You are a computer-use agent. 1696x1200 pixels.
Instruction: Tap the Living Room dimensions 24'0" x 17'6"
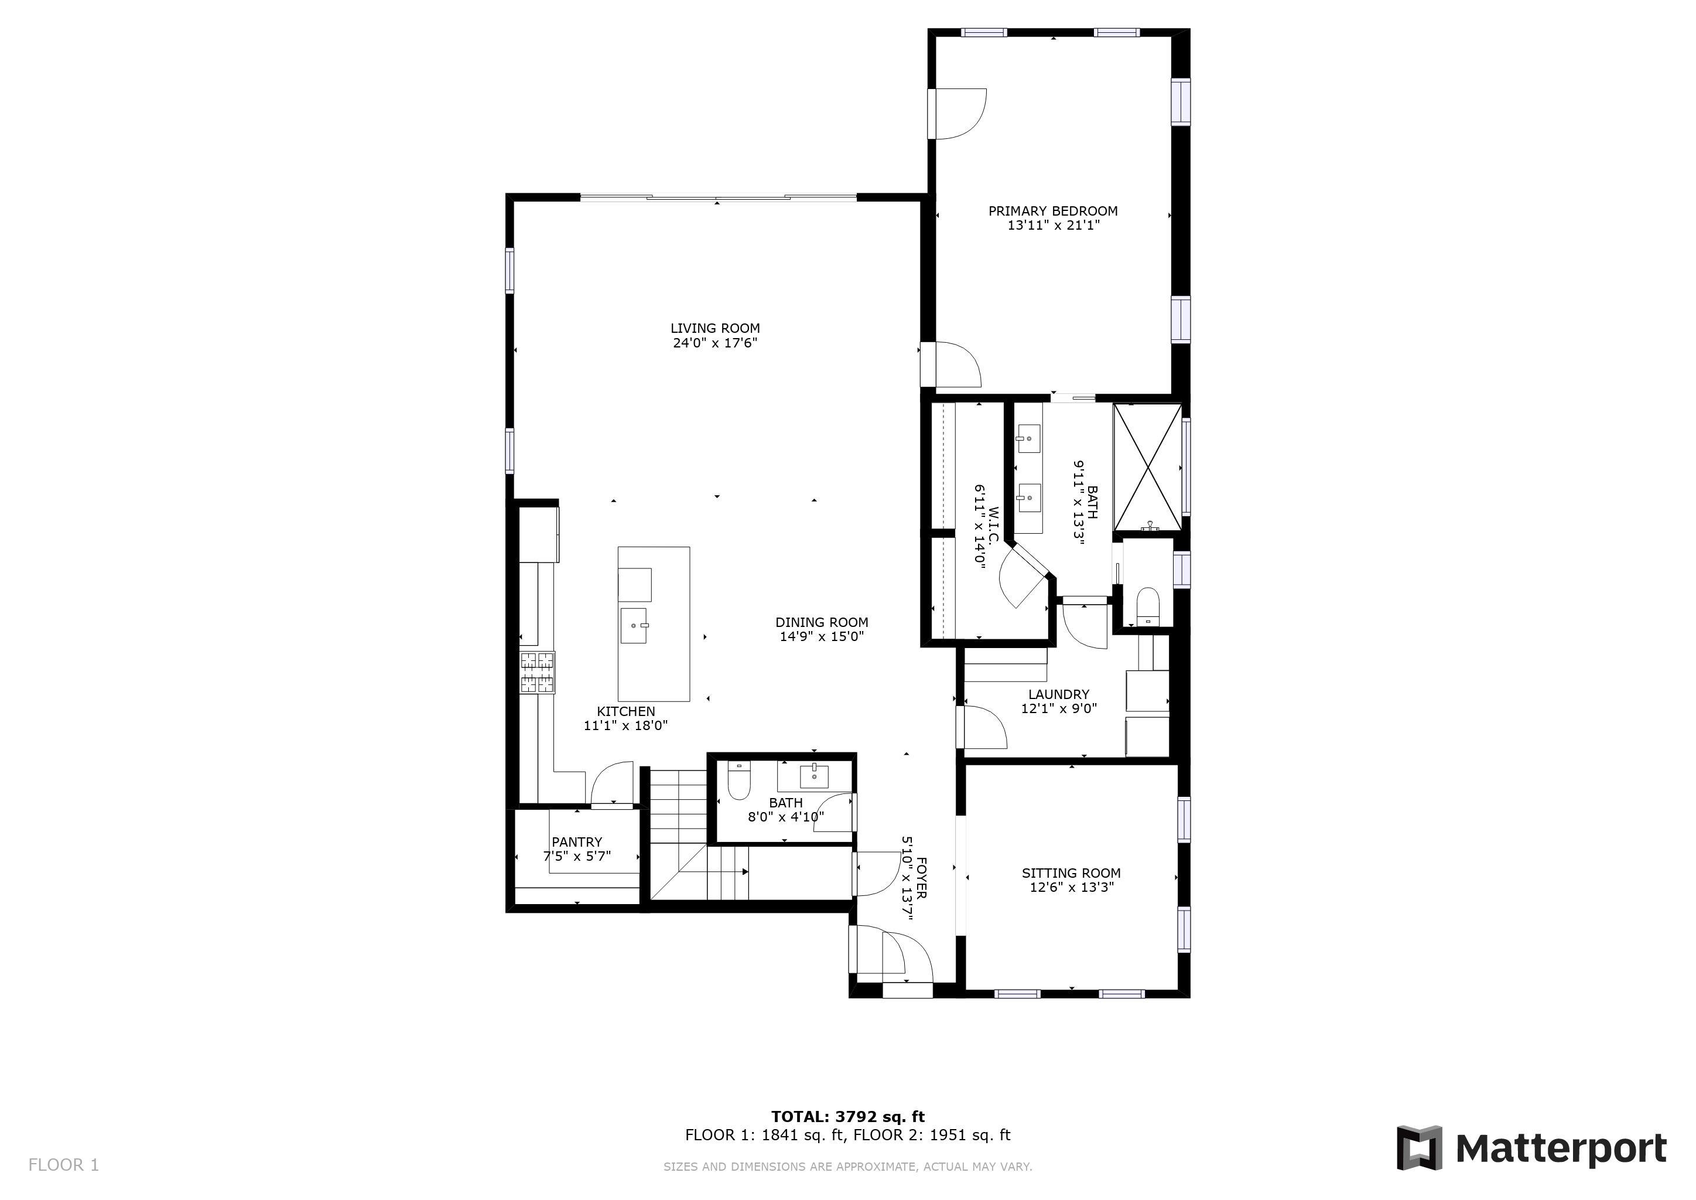(715, 343)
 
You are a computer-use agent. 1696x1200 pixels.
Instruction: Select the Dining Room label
(822, 622)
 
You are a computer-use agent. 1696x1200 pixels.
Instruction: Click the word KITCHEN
(625, 711)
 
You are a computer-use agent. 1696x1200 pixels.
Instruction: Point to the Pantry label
(577, 841)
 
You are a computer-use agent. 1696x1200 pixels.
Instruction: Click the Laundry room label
(1058, 694)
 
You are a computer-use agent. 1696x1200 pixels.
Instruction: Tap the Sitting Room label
(1071, 872)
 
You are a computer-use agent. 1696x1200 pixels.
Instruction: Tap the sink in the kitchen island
(634, 625)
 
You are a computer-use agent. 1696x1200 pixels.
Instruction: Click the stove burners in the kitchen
(537, 673)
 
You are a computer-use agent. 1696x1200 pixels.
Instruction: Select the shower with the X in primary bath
(1147, 467)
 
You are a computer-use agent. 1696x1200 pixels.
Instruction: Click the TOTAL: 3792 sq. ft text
(848, 1116)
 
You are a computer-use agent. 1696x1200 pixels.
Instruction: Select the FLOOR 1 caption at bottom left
(63, 1165)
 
